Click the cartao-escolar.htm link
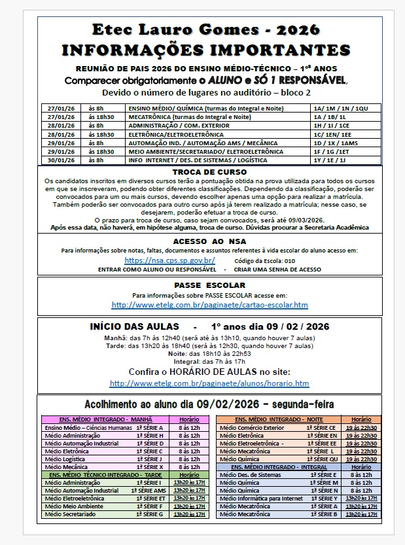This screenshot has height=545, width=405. coord(209,305)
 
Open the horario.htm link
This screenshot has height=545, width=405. coord(209,383)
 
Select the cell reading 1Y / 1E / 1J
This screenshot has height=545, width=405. coord(330,160)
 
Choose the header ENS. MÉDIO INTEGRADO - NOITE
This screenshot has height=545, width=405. coord(279,419)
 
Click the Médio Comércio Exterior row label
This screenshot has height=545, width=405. coord(252,427)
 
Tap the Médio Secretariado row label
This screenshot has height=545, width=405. coord(69,514)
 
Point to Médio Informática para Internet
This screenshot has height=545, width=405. coord(260,498)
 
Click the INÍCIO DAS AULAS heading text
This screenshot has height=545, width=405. coord(133,326)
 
